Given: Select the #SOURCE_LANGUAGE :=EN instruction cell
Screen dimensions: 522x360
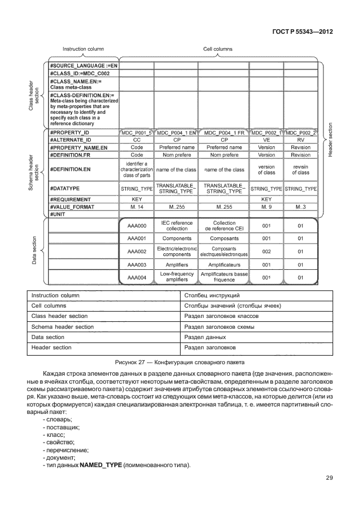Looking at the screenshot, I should click(83, 66).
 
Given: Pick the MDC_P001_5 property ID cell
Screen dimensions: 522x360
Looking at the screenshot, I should click(137, 132).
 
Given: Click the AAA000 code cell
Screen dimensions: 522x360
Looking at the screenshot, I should click(137, 226).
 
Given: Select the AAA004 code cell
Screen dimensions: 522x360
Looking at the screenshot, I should click(137, 277).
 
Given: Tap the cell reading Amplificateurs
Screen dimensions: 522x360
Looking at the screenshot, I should click(224, 265).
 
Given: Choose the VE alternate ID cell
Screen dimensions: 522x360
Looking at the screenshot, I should click(266, 139).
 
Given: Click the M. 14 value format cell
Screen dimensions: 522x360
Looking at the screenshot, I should click(137, 206).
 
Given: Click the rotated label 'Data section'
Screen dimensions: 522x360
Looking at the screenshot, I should click(34, 251).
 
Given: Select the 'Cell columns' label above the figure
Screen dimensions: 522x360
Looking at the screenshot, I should click(218, 49).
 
